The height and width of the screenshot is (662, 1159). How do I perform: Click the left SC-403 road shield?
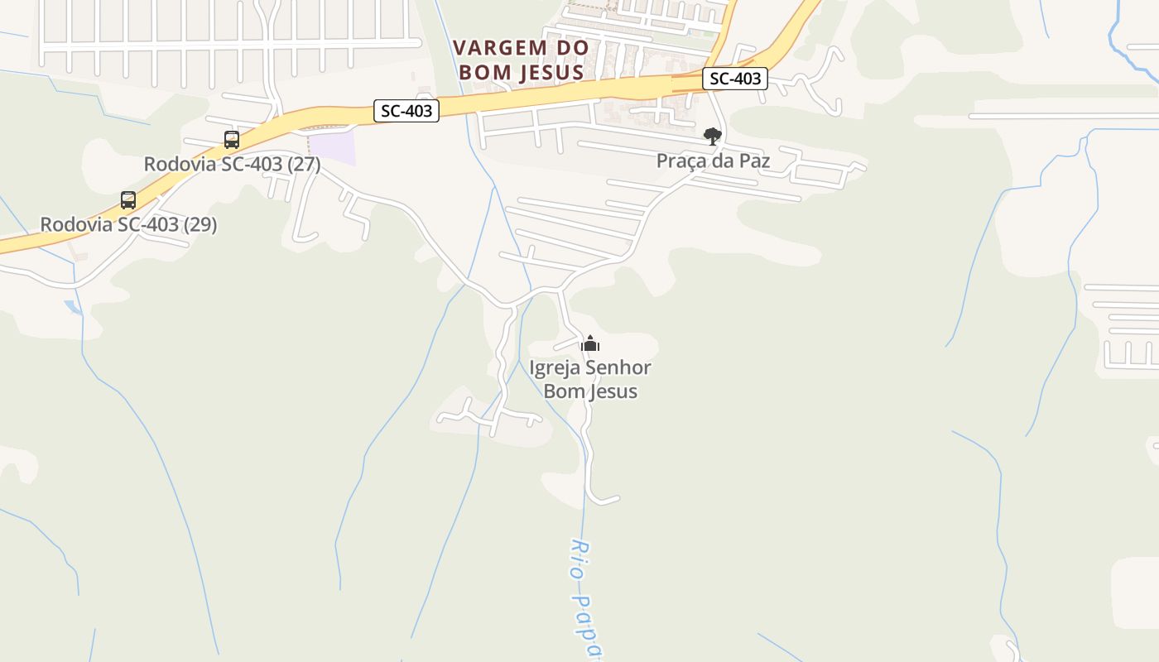[x=406, y=110]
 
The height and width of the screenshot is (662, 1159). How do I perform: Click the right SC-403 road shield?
[x=735, y=79]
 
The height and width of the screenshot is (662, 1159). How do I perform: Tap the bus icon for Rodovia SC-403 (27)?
[x=232, y=140]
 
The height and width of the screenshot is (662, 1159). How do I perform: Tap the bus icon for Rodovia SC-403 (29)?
[x=128, y=199]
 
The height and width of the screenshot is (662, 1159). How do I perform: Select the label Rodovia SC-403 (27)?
[x=232, y=164]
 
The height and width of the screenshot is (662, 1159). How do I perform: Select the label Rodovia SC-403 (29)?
[x=128, y=224]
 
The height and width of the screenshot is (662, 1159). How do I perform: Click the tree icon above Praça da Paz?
[x=712, y=136]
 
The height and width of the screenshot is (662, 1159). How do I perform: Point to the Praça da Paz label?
[x=713, y=161]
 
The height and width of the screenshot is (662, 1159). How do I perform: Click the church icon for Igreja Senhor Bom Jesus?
[x=590, y=343]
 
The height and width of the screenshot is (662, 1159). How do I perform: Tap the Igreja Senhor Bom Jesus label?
[x=590, y=378]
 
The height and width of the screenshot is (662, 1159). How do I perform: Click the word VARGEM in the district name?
[x=501, y=48]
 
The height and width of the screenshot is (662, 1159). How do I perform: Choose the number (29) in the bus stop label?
[x=200, y=224]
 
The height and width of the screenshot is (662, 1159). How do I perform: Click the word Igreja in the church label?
[x=555, y=367]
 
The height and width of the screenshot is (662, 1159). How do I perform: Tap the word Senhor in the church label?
[x=618, y=367]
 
